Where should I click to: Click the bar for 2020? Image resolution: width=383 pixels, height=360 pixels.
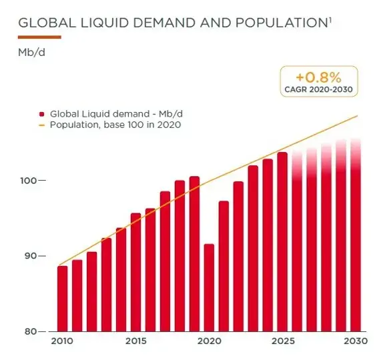209,287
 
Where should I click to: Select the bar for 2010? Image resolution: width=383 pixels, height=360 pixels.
63,298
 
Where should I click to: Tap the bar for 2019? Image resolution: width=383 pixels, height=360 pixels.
194,253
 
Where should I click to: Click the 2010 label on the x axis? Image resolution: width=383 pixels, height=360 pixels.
63,341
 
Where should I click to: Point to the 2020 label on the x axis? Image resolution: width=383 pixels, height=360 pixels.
209,341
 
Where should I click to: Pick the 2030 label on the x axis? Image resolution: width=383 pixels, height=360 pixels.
355,341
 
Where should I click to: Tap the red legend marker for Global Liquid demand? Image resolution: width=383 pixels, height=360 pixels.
43,114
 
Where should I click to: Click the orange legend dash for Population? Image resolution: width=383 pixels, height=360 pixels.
43,125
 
